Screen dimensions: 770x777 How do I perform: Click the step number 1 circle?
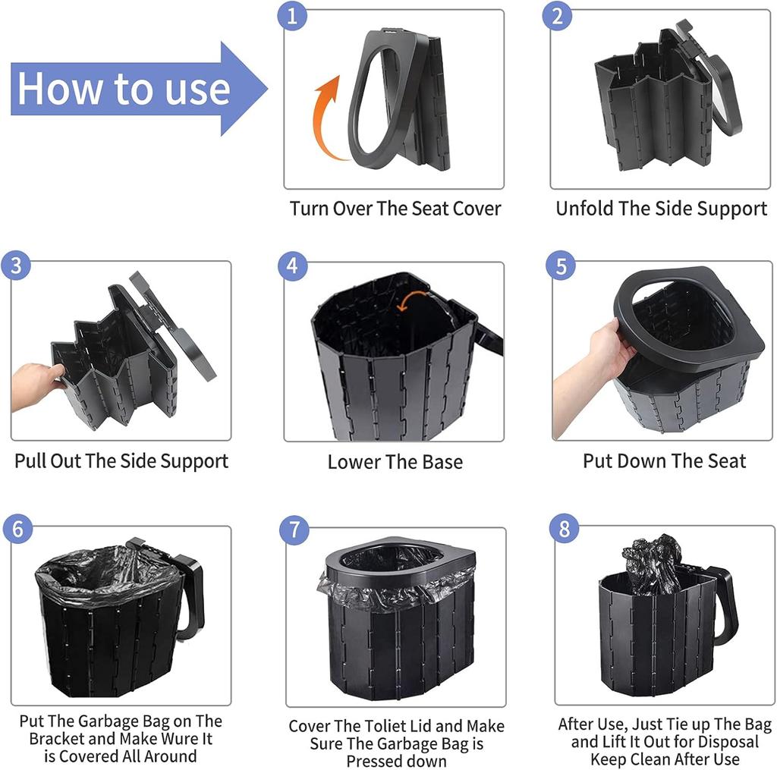point(293,17)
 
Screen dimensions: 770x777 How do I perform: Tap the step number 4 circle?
point(293,266)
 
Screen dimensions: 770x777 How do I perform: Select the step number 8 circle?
point(563,529)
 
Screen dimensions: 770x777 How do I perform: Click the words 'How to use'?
point(124,88)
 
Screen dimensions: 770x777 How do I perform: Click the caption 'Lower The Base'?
point(395,461)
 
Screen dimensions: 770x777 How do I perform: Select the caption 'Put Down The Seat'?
point(664,460)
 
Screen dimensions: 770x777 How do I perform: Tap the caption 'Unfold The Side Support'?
point(661,209)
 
